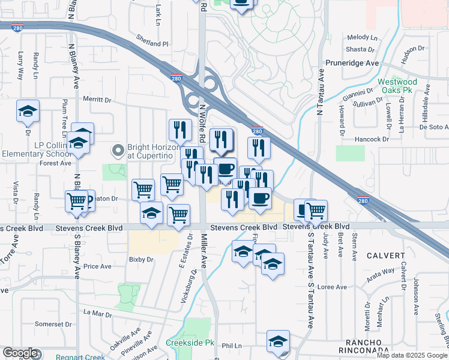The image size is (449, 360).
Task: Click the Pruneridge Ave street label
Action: click(352, 63)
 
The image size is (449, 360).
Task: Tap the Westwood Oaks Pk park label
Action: click(397, 86)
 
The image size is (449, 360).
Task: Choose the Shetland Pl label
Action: click(152, 44)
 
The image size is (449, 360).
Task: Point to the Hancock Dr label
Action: click(372, 139)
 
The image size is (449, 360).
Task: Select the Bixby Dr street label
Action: click(141, 260)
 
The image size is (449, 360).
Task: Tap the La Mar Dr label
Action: click(98, 313)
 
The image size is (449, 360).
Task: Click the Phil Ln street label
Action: click(231, 346)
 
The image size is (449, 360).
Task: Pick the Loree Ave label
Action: click(333, 287)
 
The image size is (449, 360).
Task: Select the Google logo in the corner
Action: click(20, 353)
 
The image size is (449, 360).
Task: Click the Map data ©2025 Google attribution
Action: click(411, 355)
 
